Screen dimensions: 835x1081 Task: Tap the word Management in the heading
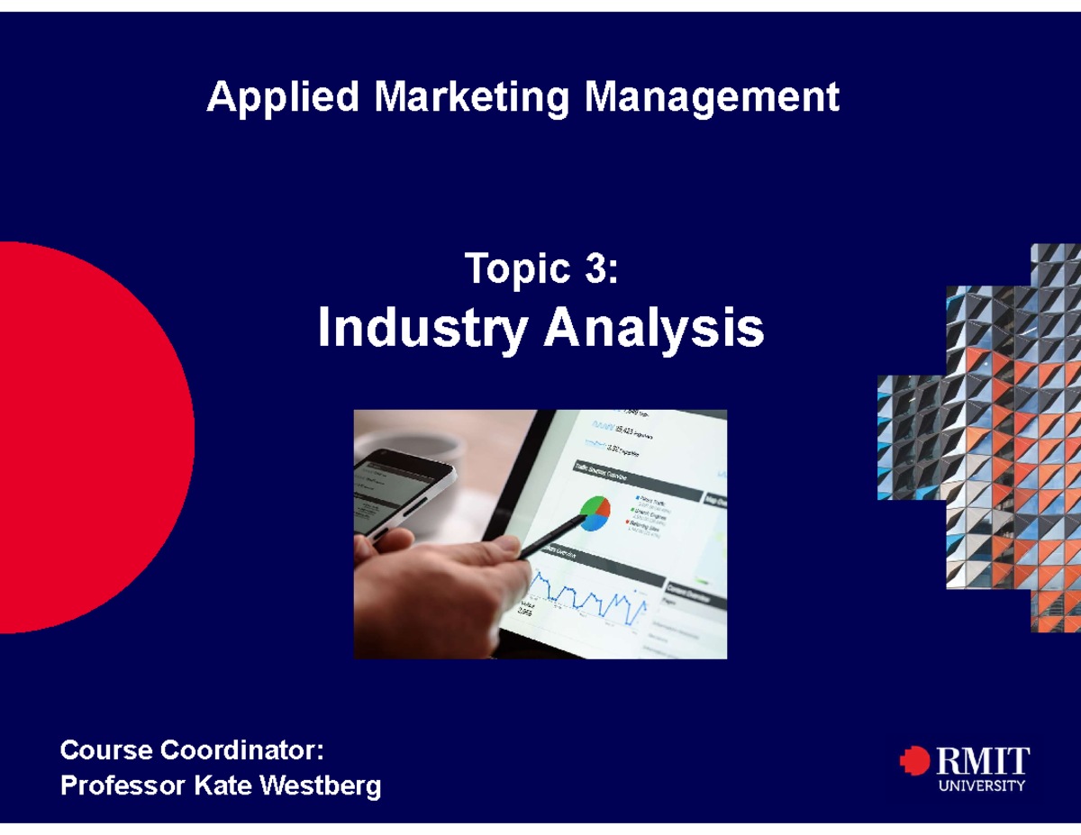pyautogui.click(x=713, y=97)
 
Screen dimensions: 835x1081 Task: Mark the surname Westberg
pyautogui.click(x=321, y=786)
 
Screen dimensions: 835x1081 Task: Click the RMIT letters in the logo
pyautogui.click(x=983, y=762)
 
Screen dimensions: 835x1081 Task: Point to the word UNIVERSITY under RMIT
pyautogui.click(x=982, y=785)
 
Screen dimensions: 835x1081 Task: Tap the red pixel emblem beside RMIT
pyautogui.click(x=914, y=761)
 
